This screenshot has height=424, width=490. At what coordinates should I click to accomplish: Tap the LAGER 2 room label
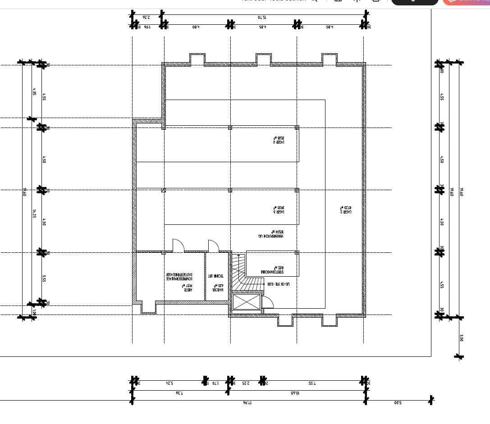345,209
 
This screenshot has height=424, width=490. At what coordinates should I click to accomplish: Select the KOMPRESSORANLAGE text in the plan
179,277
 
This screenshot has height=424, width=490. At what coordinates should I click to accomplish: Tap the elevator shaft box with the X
246,302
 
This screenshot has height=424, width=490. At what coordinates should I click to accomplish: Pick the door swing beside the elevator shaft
267,302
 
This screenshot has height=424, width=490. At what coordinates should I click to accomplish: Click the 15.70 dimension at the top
262,17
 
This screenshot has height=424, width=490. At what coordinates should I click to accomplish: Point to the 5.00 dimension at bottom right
397,402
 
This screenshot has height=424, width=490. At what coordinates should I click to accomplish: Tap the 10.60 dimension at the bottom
295,393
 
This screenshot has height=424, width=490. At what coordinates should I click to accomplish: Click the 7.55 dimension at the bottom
312,383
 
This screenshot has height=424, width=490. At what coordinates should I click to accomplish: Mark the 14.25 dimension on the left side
34,213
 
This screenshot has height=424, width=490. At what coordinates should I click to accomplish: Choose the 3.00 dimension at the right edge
461,337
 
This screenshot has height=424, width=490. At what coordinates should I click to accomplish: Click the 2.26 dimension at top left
146,17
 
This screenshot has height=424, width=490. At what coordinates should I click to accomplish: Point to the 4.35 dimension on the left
34,91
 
